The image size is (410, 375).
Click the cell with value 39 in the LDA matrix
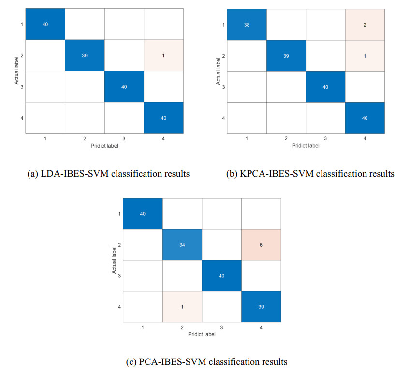(85, 55)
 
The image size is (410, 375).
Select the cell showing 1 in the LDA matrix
(163, 55)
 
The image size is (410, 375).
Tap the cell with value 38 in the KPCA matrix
(246, 24)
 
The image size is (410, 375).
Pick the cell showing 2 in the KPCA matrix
(365, 24)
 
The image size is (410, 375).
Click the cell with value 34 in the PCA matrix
(182, 244)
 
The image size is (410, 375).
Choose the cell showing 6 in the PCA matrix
(261, 244)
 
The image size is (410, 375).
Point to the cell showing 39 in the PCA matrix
(261, 306)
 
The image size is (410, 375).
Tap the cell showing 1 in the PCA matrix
(182, 306)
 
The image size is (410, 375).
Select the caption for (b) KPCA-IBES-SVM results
(310, 174)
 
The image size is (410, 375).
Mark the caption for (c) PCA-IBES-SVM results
(205, 361)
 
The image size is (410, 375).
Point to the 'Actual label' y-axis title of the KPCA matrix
(219, 71)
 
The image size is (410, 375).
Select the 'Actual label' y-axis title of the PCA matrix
(114, 260)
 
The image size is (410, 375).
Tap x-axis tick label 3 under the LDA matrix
(124, 139)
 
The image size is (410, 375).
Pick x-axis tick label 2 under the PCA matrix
(182, 328)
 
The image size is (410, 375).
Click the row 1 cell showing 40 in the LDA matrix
(45, 24)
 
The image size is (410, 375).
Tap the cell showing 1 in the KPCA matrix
(365, 55)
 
